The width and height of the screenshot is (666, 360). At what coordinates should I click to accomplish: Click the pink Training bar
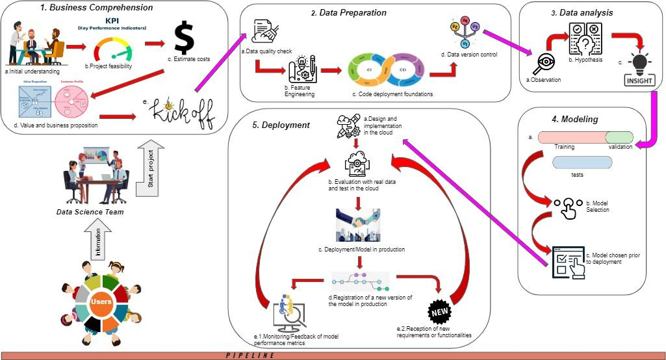pyautogui.click(x=572, y=137)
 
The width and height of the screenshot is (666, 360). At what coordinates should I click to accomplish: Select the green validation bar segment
pyautogui.click(x=620, y=137)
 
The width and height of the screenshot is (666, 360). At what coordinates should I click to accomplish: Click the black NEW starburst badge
pyautogui.click(x=441, y=313)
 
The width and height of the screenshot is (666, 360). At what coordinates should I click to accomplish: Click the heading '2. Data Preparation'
pyautogui.click(x=348, y=12)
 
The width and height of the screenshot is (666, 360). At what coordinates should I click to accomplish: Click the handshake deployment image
pyautogui.click(x=358, y=225)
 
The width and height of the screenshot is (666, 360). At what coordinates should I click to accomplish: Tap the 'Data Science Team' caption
pyautogui.click(x=90, y=212)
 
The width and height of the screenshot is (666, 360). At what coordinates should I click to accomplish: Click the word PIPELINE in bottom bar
pyautogui.click(x=250, y=355)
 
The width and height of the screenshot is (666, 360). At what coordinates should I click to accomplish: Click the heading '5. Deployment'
pyautogui.click(x=272, y=125)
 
